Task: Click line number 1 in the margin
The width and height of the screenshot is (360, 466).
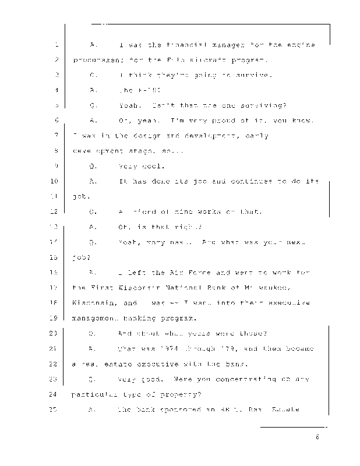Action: click(x=55, y=44)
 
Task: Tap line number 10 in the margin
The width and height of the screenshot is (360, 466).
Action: click(x=55, y=181)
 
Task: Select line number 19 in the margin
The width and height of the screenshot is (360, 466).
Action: click(x=55, y=318)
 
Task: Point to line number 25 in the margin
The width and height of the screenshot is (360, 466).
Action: click(x=55, y=409)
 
